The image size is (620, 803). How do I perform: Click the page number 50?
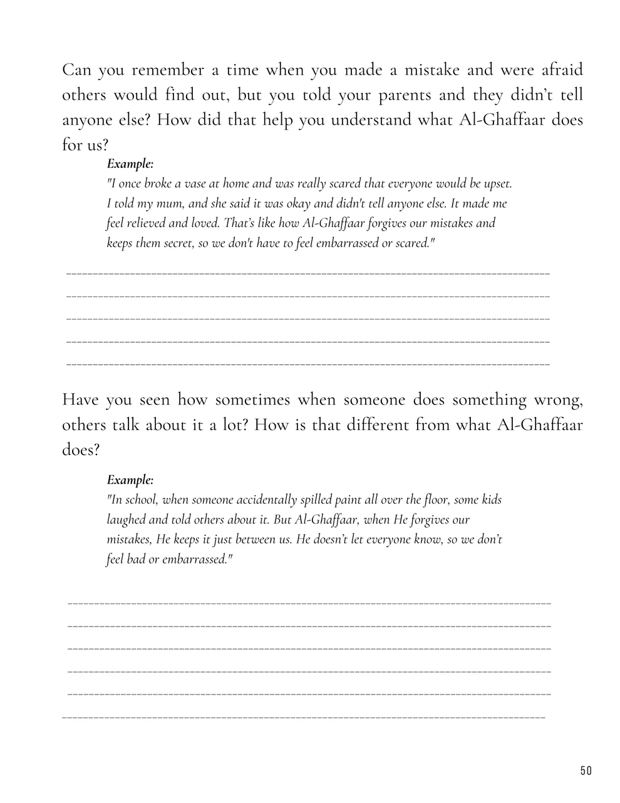point(586,770)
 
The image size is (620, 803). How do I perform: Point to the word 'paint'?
point(348,500)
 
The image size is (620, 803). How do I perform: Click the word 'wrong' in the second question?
point(555,399)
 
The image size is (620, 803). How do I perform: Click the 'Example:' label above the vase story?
point(130,164)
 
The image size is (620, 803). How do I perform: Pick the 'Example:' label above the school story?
point(130,480)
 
